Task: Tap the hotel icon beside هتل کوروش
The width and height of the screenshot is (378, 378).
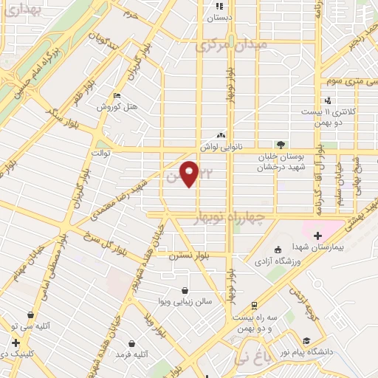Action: tap(118, 96)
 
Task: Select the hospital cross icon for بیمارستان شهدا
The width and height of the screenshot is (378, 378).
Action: tap(317, 236)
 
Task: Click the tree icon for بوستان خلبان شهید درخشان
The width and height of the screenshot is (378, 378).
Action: tap(280, 145)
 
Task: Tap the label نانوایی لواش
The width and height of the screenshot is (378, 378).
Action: tap(222, 146)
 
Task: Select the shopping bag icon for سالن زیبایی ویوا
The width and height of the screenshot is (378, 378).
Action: tap(184, 290)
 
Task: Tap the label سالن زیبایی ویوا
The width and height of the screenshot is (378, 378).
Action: tap(185, 301)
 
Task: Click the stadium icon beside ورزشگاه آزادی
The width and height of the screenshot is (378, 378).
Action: tap(277, 250)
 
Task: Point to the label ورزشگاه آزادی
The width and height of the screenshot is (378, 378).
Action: tap(275, 261)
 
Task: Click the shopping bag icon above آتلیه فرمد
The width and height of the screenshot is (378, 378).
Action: tap(131, 343)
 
